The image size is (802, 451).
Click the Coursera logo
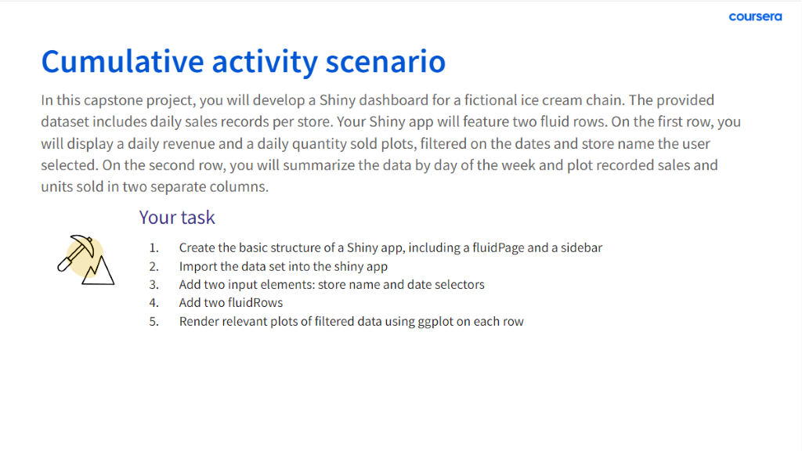pyautogui.click(x=755, y=17)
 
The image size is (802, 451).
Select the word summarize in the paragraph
pyautogui.click(x=316, y=165)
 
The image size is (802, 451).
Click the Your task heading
pyautogui.click(x=177, y=218)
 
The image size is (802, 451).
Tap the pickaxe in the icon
pyautogui.click(x=77, y=251)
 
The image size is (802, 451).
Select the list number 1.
pyautogui.click(x=154, y=248)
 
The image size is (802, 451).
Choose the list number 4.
pyautogui.click(x=154, y=303)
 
